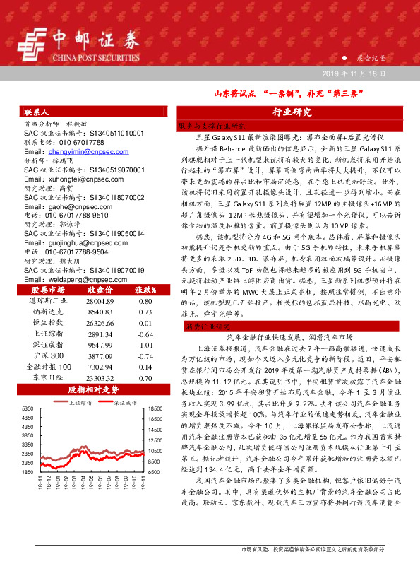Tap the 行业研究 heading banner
(292, 112)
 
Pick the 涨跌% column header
(145, 290)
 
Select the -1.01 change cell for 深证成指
(146, 345)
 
